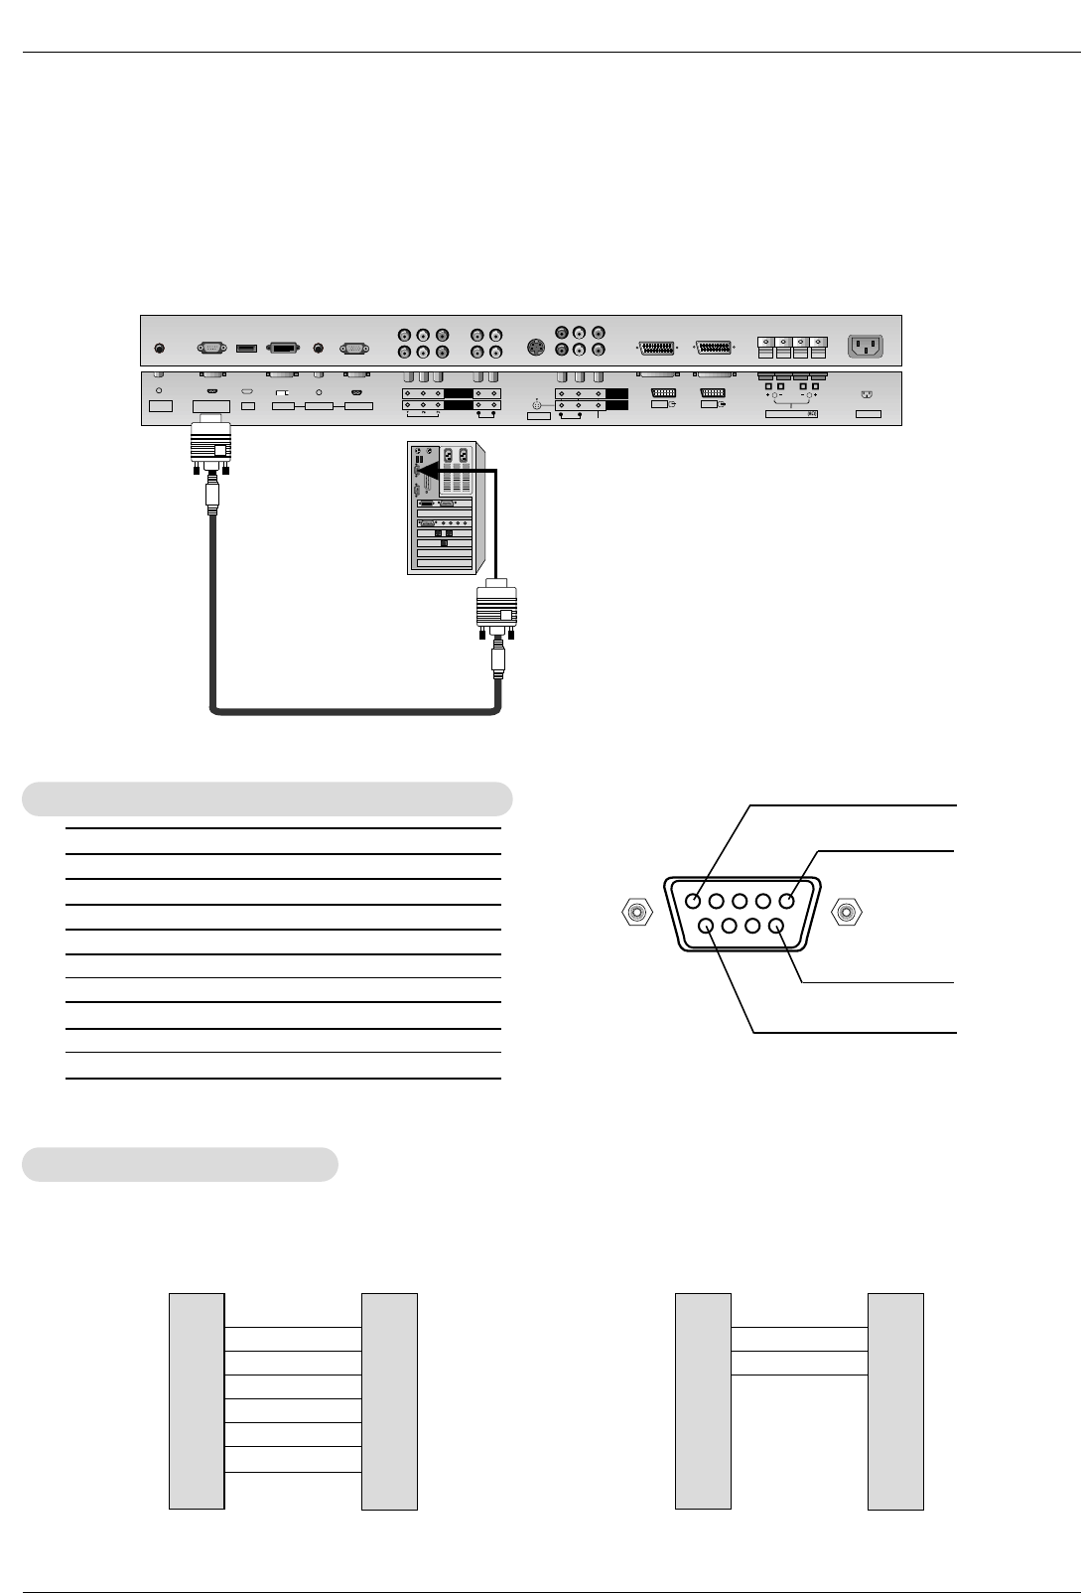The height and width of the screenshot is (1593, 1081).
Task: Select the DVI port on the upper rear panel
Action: tap(284, 349)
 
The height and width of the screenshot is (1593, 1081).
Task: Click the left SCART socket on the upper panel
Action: tap(655, 349)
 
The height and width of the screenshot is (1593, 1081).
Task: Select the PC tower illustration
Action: tap(443, 507)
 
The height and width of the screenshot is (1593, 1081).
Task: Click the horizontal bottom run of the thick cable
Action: tap(355, 711)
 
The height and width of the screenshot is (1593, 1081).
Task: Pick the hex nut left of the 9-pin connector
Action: tap(635, 911)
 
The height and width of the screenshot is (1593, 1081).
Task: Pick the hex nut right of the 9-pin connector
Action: tap(847, 911)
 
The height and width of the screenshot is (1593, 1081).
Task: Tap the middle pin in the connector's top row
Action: tap(742, 902)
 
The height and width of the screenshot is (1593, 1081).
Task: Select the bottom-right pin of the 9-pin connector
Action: tap(777, 927)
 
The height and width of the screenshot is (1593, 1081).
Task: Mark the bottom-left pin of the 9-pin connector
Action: tap(708, 927)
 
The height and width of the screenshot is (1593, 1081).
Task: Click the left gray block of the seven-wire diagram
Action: tap(198, 1400)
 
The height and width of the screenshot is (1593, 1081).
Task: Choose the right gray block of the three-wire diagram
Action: tap(895, 1400)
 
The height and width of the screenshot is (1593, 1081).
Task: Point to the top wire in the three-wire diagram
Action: tap(799, 1327)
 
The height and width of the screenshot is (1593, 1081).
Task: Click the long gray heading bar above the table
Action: tap(267, 798)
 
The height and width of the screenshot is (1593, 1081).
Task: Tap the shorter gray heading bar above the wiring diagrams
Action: tap(180, 1164)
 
